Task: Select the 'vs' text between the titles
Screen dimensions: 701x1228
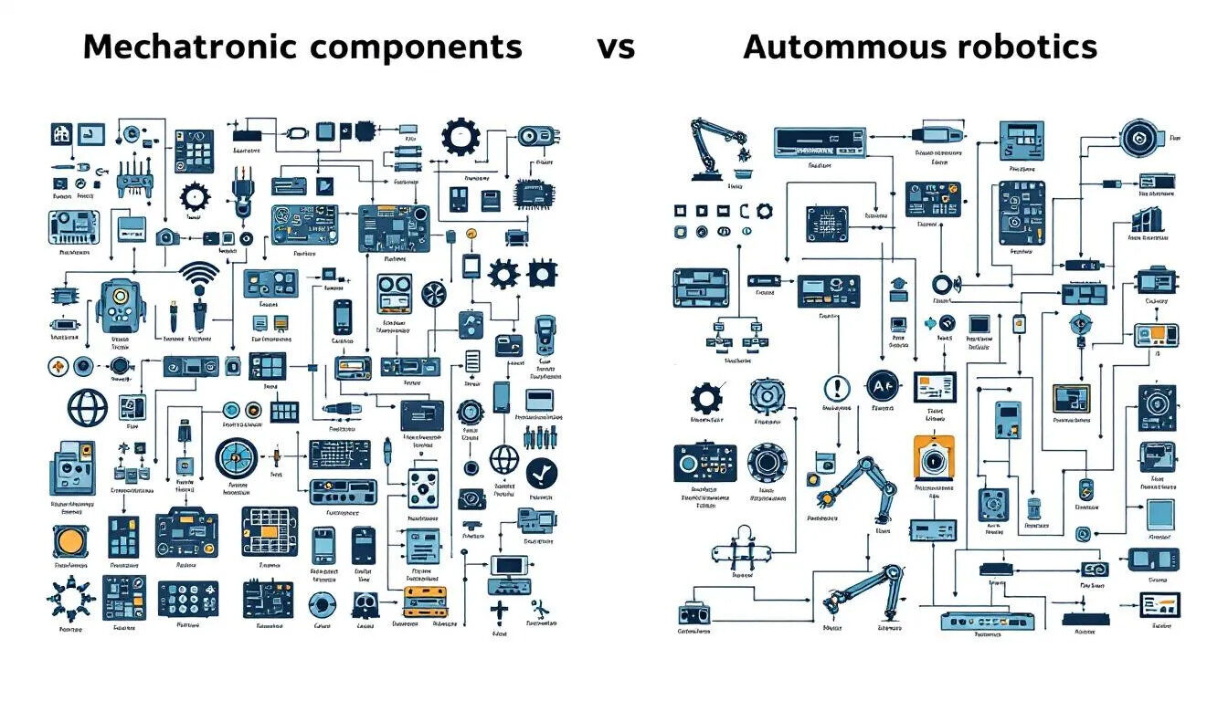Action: click(616, 47)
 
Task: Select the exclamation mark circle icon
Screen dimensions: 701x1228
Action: click(836, 388)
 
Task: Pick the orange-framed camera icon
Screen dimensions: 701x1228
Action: click(933, 456)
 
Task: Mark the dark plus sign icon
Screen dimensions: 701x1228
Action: click(500, 611)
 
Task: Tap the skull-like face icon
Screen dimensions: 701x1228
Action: click(365, 603)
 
